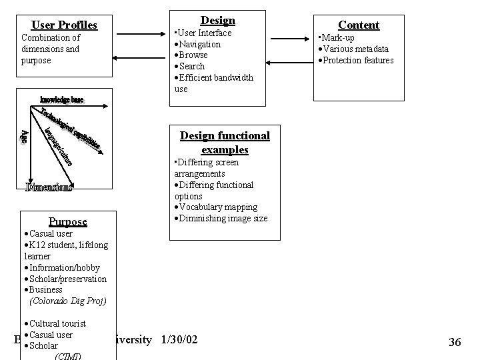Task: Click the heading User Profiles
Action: coord(64,25)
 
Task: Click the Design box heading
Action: coord(217,21)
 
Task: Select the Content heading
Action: coord(359,25)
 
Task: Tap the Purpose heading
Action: coord(67,221)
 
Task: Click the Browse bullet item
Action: coord(193,55)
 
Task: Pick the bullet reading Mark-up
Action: coord(338,38)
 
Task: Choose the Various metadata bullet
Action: coord(355,49)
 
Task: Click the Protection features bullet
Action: coord(358,61)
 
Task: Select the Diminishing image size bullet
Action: coord(223,219)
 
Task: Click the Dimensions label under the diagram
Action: coord(49,187)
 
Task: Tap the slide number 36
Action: coord(455,342)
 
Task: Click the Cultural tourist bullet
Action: coord(57,323)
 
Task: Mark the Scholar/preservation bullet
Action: coord(67,279)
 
